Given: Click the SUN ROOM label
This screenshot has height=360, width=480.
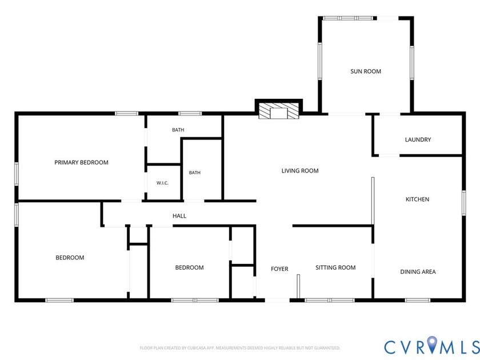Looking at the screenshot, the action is (366, 71).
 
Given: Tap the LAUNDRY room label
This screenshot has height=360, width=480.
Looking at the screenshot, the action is (418, 139).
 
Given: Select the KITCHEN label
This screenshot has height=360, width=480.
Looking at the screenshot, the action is (417, 199).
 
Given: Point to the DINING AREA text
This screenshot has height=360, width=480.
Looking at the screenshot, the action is (418, 271).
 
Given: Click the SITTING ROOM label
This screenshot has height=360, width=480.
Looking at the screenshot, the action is (335, 267).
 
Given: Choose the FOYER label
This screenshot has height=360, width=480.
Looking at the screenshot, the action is (279, 269).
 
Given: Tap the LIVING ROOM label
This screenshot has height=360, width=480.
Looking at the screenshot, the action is (300, 171).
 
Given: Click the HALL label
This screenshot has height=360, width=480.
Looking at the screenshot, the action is (179, 216).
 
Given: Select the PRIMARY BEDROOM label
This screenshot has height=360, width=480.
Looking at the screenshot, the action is (81, 162).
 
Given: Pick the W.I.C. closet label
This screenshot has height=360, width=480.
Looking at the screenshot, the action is (162, 183).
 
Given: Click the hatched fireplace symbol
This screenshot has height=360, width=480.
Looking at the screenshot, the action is (279, 110).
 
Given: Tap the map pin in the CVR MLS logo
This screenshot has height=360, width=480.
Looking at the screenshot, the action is (432, 344).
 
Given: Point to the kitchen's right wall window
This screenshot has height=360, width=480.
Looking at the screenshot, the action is (464, 203).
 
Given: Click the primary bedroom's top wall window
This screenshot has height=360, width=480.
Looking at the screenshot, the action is (127, 114).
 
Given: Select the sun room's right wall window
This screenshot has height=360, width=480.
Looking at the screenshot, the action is (412, 62).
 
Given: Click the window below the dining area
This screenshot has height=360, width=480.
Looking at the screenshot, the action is (418, 301).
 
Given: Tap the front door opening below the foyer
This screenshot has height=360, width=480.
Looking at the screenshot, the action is (277, 301).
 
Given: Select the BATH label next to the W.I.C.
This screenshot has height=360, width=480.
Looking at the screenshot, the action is (195, 173).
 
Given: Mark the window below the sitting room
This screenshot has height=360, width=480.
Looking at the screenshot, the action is (330, 301).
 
